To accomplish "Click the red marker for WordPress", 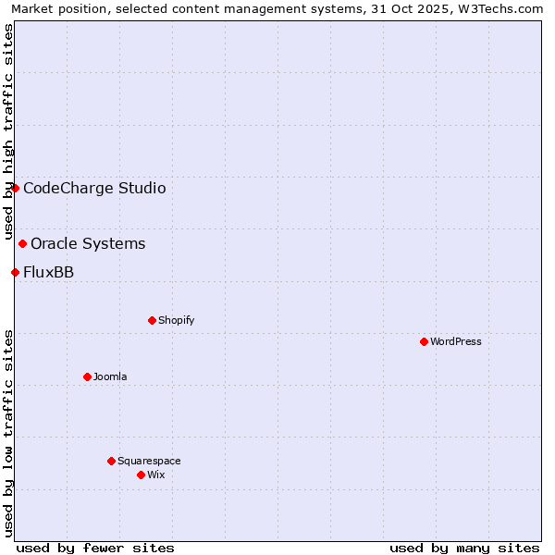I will click(x=424, y=341).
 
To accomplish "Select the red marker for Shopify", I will click(x=152, y=320).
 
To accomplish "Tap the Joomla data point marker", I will click(x=87, y=376).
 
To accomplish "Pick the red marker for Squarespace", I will click(x=111, y=461).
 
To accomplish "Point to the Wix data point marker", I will click(x=141, y=475).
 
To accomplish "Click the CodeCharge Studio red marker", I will click(x=15, y=188).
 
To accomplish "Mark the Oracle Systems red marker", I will click(x=22, y=243).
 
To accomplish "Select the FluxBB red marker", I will click(x=15, y=272).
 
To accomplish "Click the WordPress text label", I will click(x=456, y=341).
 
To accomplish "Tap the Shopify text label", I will click(x=177, y=320).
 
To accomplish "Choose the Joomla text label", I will click(x=110, y=376).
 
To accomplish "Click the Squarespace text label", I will click(x=149, y=461).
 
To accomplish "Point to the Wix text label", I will click(x=156, y=475).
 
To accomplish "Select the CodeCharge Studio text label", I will click(x=94, y=189).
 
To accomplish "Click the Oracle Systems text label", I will click(x=88, y=244).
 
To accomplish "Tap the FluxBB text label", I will click(x=48, y=272).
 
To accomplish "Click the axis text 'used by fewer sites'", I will click(x=95, y=548).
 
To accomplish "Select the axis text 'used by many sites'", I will click(x=464, y=548).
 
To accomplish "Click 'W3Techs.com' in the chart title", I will click(x=505, y=8).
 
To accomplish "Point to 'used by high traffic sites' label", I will click(x=8, y=131).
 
